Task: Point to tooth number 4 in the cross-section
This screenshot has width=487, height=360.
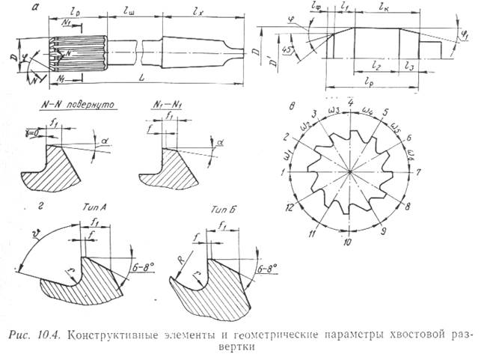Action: [351, 100]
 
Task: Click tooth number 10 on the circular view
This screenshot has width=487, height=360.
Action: [347, 242]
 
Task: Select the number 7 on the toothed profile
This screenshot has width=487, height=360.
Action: [419, 172]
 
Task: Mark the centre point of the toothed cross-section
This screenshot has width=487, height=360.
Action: [349, 171]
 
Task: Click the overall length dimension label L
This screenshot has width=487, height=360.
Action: [140, 77]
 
